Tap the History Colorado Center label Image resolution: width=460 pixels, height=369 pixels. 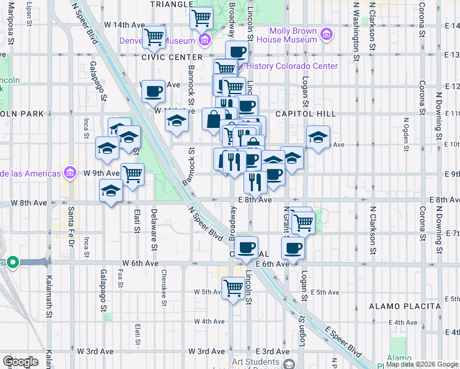[x=291, y=66]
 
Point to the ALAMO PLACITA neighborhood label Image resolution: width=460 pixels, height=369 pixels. [x=405, y=306]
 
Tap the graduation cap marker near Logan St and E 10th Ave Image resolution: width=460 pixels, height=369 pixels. [x=318, y=137]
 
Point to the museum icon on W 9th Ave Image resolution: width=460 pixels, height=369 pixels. [x=69, y=173]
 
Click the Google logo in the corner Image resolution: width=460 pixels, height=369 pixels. [x=20, y=361]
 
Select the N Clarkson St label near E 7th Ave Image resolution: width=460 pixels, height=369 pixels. [x=372, y=229]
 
